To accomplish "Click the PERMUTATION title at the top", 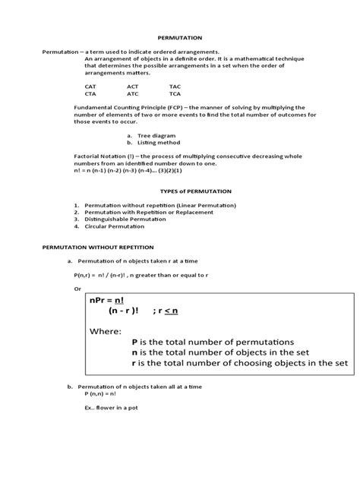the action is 179,36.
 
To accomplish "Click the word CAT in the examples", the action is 91,87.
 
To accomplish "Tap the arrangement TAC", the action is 175,87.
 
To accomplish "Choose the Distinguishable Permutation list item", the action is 123,219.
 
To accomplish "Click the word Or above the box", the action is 77,289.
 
